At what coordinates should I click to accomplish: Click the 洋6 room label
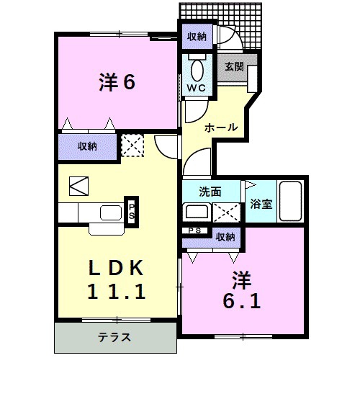(x=117, y=81)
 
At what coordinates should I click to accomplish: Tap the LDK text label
(x=116, y=268)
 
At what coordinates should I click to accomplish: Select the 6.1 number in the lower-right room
(x=242, y=301)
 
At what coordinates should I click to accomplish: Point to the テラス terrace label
(x=114, y=337)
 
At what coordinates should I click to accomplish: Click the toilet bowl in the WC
(x=197, y=69)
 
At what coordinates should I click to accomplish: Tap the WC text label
(x=197, y=88)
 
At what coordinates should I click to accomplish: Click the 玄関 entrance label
(x=234, y=67)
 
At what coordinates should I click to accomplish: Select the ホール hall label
(x=221, y=127)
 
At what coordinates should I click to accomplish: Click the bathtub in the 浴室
(x=291, y=201)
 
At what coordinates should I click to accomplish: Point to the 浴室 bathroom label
(x=261, y=204)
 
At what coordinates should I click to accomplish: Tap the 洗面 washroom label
(x=210, y=192)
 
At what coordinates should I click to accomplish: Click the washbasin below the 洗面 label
(x=197, y=212)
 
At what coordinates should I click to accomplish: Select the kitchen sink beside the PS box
(x=111, y=212)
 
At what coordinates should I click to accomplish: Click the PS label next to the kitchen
(x=132, y=212)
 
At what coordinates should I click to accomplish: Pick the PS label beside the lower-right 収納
(x=194, y=230)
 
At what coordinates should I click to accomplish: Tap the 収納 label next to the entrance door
(x=197, y=37)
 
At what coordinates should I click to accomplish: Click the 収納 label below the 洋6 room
(x=87, y=146)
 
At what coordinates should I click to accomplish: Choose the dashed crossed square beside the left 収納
(x=132, y=145)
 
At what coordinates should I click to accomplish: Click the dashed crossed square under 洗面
(x=226, y=212)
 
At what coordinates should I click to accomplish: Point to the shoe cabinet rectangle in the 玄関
(x=253, y=79)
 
